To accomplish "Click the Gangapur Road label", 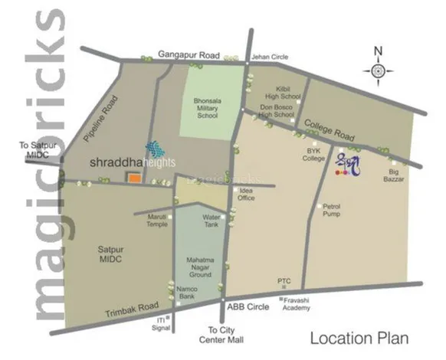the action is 189,55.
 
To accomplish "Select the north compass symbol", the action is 378,70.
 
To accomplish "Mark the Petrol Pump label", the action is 331,210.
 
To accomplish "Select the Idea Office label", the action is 247,194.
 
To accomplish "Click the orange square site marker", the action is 134,178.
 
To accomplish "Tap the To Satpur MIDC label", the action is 34,149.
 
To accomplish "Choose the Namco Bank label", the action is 189,293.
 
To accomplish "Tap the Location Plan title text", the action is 359,338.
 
